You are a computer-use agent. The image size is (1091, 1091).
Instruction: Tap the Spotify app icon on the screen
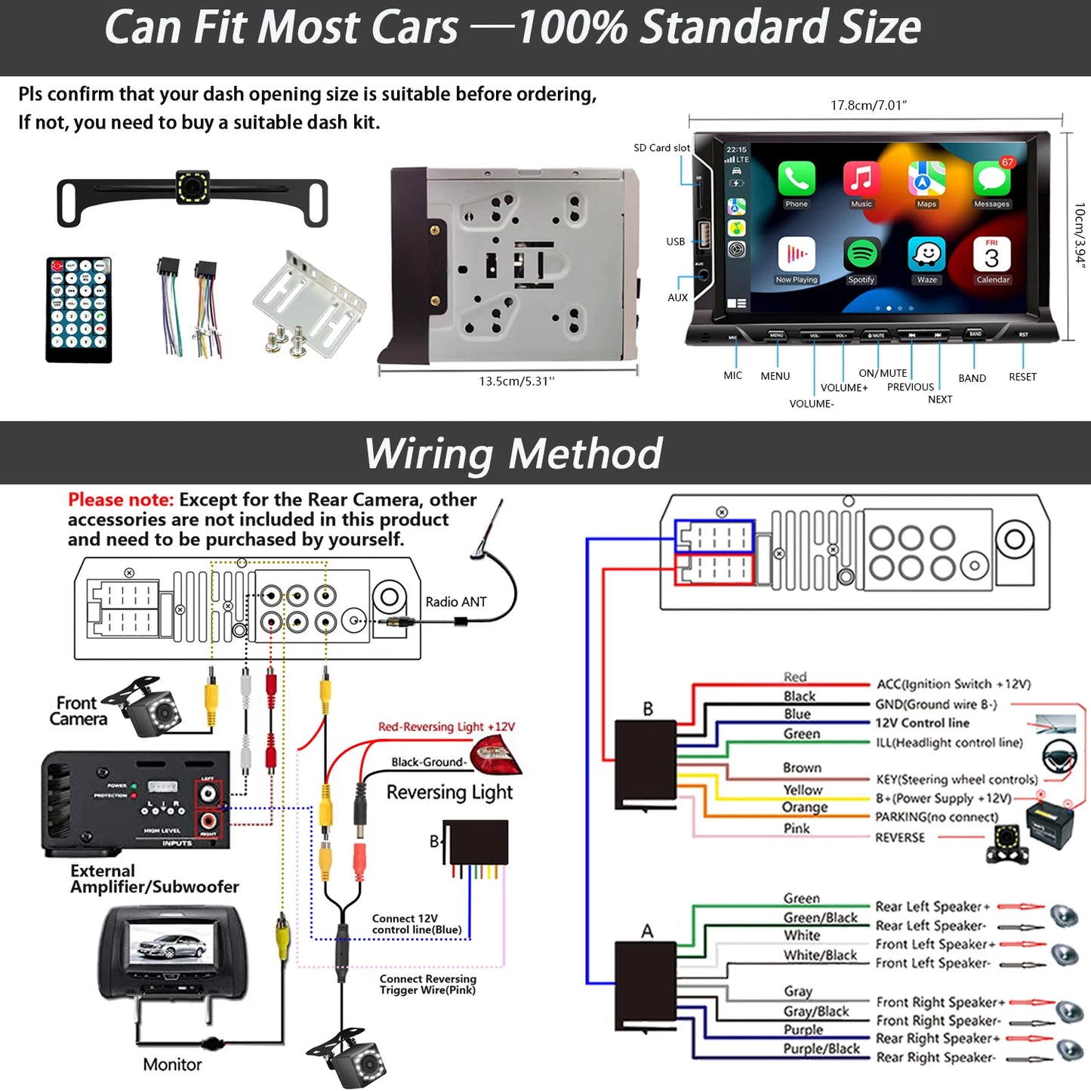pyautogui.click(x=861, y=255)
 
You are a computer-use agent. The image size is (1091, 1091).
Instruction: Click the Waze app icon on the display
pyautogui.click(x=926, y=254)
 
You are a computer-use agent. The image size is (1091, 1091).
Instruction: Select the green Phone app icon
pyautogui.click(x=797, y=179)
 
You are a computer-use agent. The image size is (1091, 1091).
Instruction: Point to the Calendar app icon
pyautogui.click(x=992, y=255)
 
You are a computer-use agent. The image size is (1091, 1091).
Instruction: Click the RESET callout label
pyautogui.click(x=1022, y=377)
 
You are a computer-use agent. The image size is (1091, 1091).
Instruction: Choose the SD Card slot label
pyautogui.click(x=661, y=148)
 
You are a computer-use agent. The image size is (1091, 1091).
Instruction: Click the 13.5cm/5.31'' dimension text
pyautogui.click(x=516, y=381)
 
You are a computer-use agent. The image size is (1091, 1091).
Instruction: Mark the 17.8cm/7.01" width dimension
pyautogui.click(x=868, y=106)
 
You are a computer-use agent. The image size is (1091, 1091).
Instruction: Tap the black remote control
pyautogui.click(x=79, y=310)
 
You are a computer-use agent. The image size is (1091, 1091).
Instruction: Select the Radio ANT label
pyautogui.click(x=455, y=602)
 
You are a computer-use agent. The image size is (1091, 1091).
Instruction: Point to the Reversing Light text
pyautogui.click(x=449, y=792)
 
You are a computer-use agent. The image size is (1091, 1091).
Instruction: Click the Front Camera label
pyautogui.click(x=78, y=711)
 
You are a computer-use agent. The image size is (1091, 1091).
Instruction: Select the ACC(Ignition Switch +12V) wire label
pyautogui.click(x=953, y=684)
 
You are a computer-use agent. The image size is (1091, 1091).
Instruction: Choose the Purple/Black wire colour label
pyautogui.click(x=821, y=1049)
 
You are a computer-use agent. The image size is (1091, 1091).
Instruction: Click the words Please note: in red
pyautogui.click(x=121, y=500)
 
